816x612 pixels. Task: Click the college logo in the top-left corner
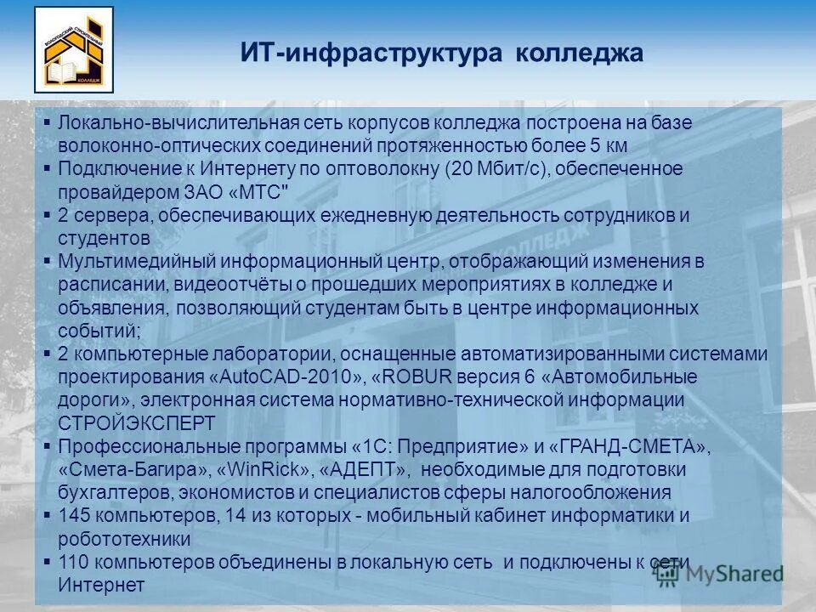[74, 49]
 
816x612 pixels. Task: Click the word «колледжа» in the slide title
[580, 54]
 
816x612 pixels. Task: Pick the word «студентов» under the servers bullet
[105, 238]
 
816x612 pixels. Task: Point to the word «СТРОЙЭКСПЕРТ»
[137, 422]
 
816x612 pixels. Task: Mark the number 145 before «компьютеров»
[72, 515]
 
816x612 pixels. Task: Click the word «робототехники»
[124, 539]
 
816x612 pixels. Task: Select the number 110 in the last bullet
[72, 562]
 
